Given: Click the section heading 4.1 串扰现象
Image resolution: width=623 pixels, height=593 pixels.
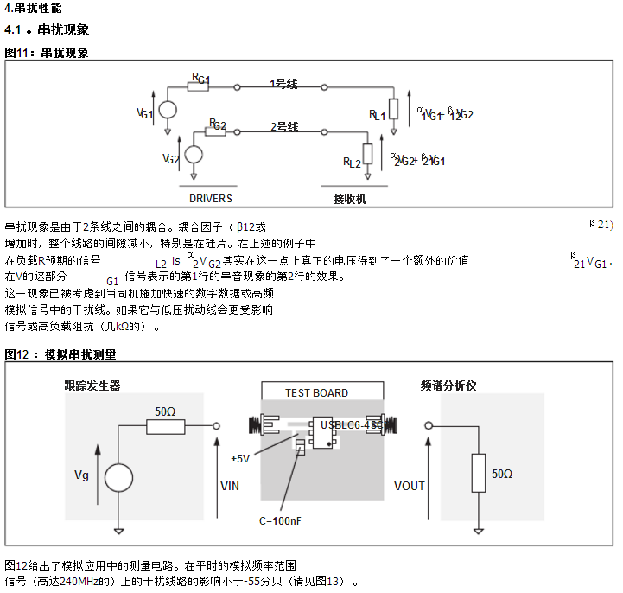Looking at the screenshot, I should click(47, 30).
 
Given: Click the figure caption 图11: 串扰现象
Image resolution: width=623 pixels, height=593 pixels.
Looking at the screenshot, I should click(47, 53).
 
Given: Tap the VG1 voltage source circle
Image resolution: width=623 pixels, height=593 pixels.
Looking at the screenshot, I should click(168, 111).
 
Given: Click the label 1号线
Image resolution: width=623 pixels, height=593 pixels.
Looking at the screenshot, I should click(283, 84).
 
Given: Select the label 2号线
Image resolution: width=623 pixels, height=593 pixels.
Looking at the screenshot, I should click(284, 127).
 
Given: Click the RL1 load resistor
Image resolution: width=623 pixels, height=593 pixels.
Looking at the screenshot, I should click(394, 109).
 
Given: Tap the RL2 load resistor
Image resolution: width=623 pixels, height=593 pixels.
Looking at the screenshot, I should click(368, 154).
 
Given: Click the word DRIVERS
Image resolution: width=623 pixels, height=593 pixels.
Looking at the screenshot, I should click(211, 198).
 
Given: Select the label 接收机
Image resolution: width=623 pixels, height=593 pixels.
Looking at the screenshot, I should click(350, 199).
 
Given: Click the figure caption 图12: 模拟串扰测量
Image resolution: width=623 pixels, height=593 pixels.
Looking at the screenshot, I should click(60, 354).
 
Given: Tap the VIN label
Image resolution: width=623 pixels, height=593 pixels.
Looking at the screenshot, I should click(231, 486).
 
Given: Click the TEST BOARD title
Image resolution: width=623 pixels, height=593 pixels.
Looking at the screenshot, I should click(316, 393).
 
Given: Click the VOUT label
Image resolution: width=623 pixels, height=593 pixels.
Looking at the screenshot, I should click(409, 486).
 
